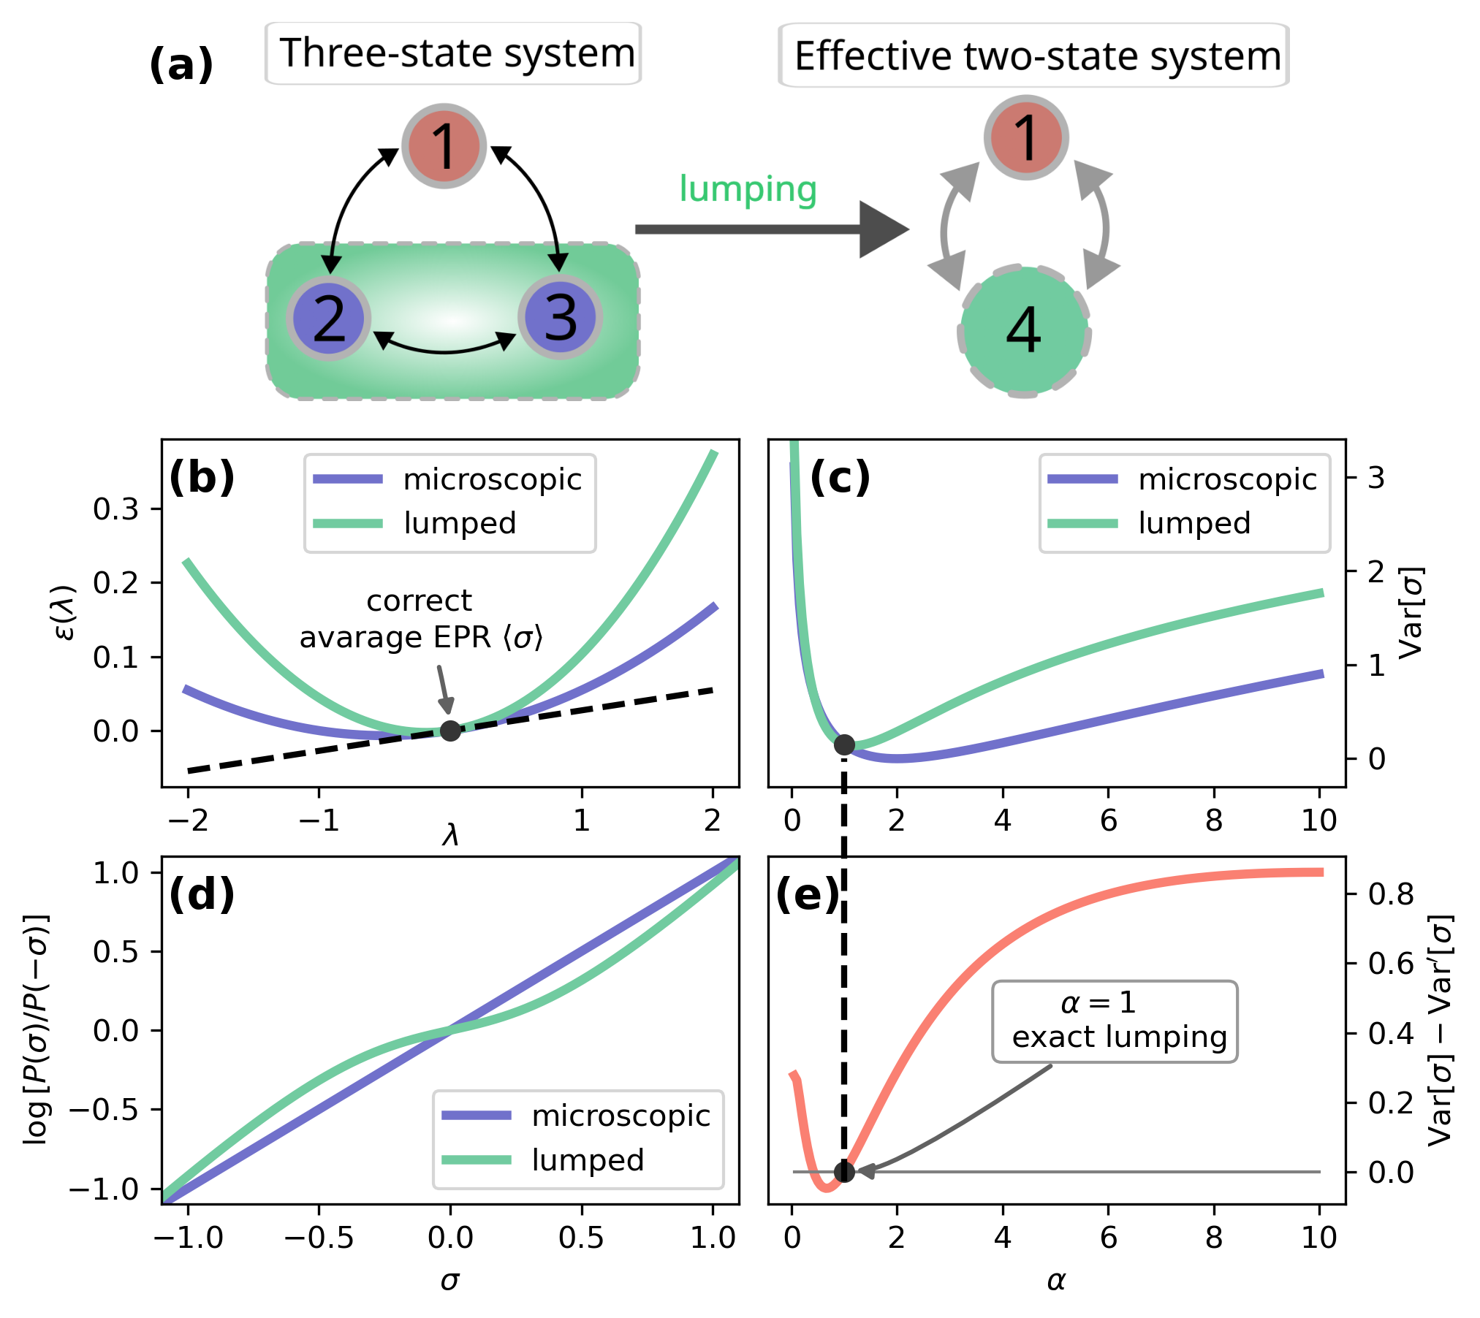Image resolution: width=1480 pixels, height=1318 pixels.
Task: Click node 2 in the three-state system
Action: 329,319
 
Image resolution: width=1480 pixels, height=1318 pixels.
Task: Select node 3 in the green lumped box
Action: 561,318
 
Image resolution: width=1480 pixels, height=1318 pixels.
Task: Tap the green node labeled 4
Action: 1024,330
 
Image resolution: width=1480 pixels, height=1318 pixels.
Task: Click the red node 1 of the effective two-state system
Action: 1026,137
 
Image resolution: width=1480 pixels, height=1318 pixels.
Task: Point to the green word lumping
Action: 748,189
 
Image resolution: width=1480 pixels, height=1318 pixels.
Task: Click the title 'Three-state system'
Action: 456,53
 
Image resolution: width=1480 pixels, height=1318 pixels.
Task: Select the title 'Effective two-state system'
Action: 1037,56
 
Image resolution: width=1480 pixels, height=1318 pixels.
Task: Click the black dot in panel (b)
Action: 450,730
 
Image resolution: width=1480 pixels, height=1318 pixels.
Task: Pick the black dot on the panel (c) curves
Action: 844,744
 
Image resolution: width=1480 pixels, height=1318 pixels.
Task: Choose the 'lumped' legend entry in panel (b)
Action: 460,523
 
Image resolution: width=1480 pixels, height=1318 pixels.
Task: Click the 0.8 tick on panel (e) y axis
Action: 1390,894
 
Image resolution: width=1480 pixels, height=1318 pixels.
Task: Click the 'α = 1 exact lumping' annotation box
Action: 1114,1021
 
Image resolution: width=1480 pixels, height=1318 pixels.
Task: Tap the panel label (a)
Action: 181,64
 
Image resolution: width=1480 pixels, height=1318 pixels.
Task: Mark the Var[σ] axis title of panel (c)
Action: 1411,612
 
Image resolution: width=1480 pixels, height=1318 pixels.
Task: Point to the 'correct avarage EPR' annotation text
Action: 420,620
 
